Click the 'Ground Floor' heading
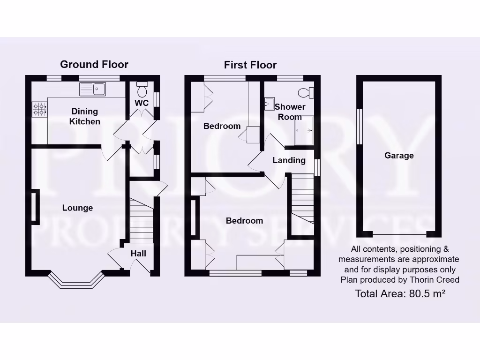pos(94,64)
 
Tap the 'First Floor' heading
pos(250,65)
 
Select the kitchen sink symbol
pos(93,88)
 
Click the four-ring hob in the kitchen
pos(39,109)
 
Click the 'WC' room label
pos(142,103)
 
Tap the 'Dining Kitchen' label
pos(85,116)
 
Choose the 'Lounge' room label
pos(78,208)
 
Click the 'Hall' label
pos(138,254)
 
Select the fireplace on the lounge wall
pos(35,206)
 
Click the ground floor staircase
pos(142,220)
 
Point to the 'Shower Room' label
pos(290,112)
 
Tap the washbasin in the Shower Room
pos(270,103)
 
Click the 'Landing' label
pos(289,160)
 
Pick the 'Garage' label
pos(399,156)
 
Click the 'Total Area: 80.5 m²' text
pos(400,294)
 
